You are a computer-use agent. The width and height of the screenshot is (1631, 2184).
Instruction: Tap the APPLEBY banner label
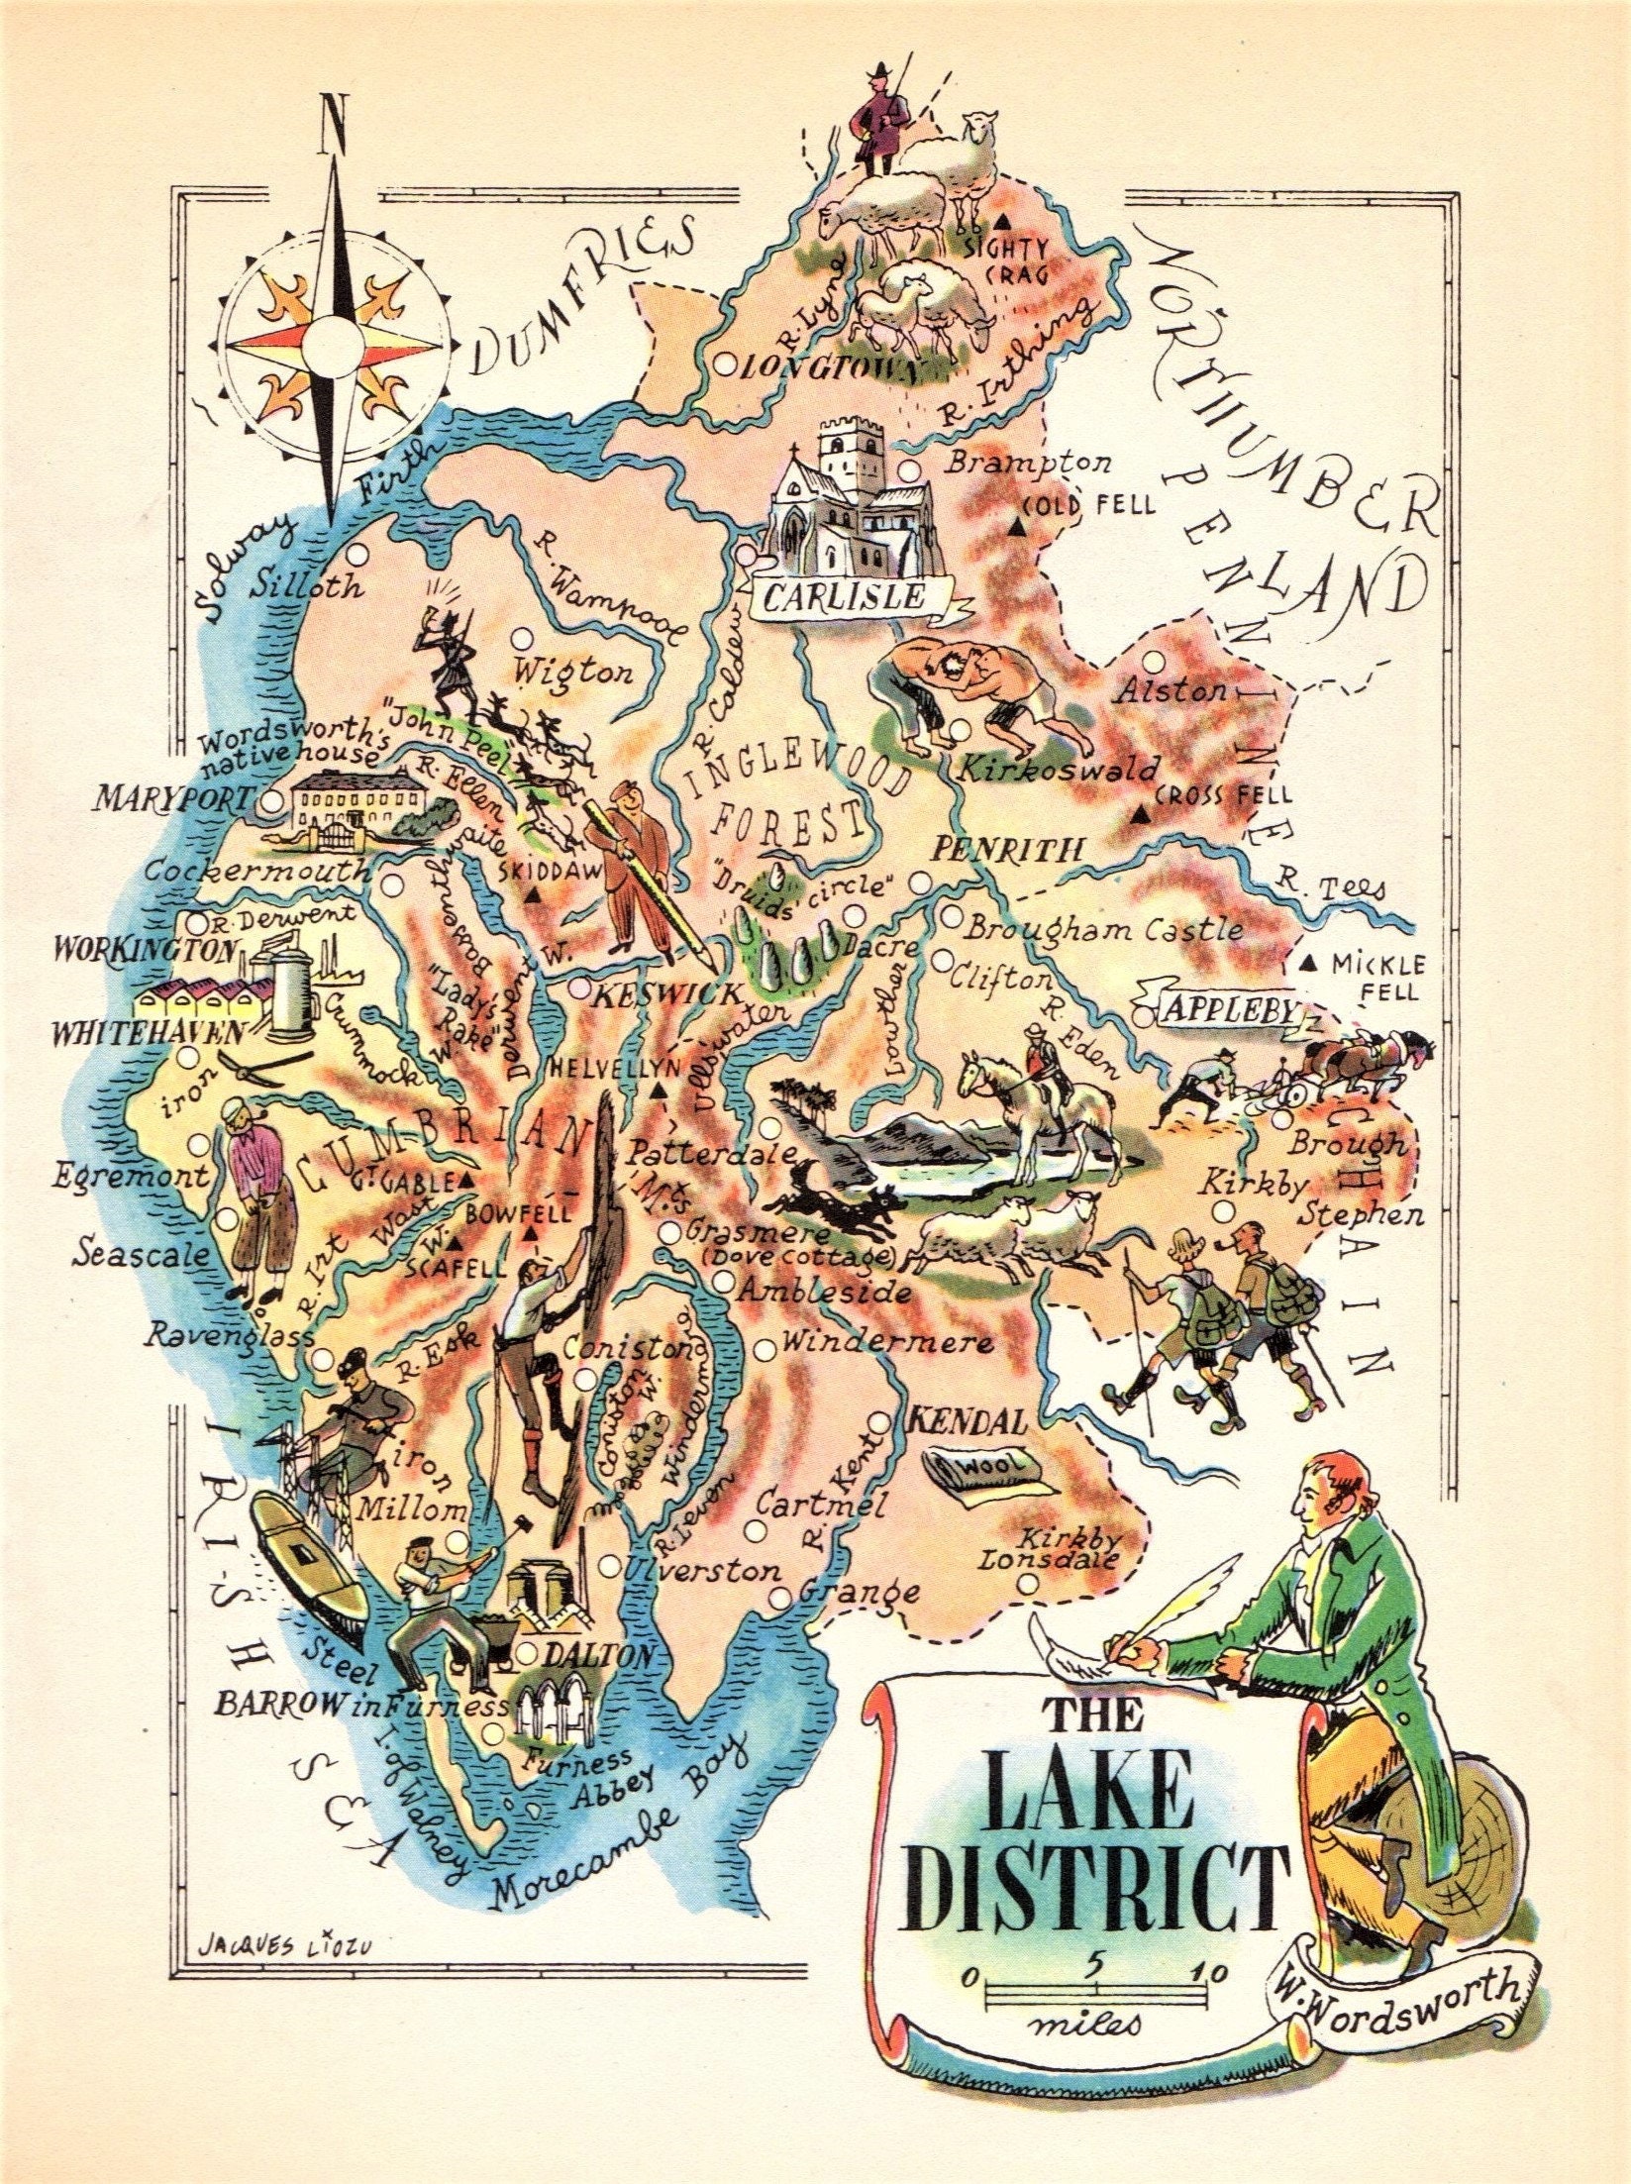[x=1229, y=1009]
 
